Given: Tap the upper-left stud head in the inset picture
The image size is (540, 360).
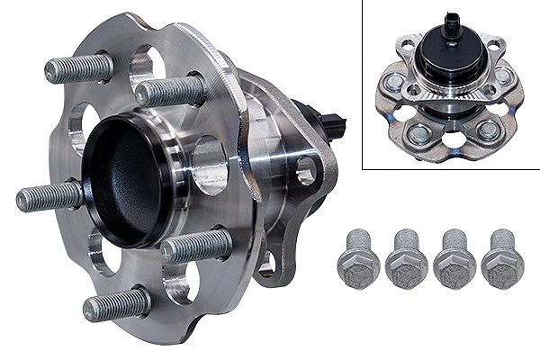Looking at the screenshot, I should click(395, 83).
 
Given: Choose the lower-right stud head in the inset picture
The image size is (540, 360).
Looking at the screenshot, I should click(488, 130).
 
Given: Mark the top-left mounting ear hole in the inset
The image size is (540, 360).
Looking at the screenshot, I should click(408, 42).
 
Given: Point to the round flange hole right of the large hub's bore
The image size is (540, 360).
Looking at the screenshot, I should click(209, 165).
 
